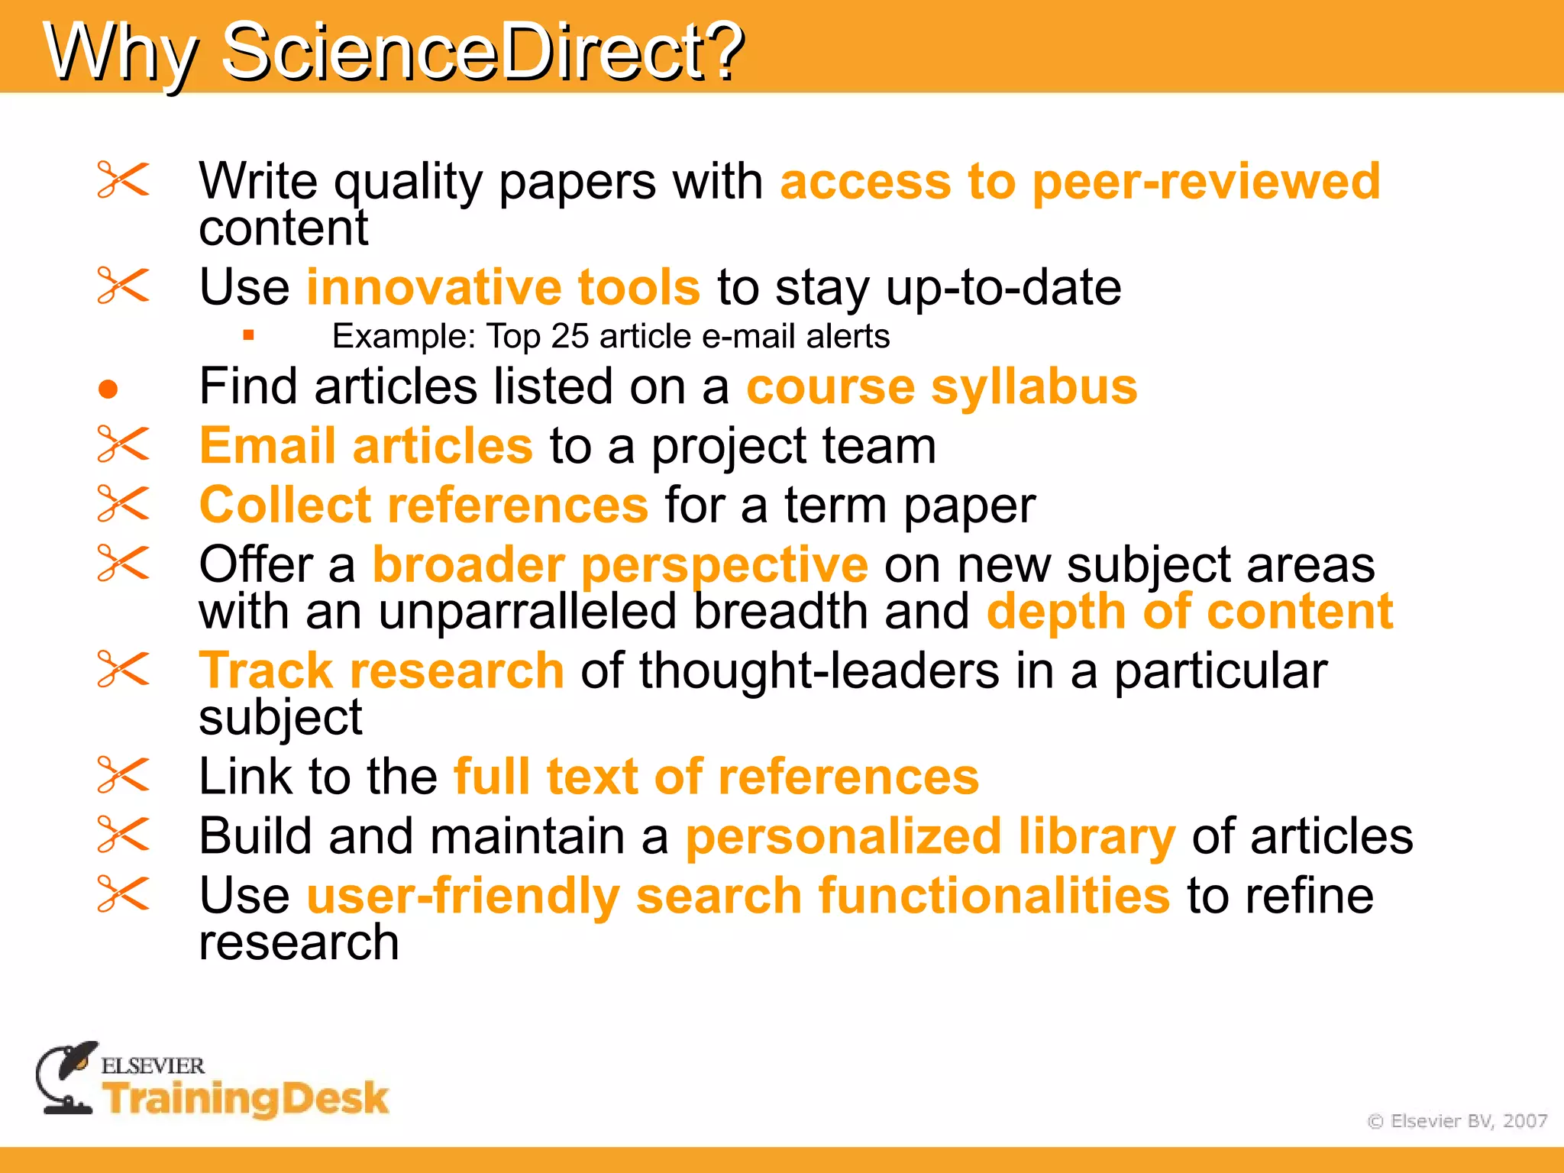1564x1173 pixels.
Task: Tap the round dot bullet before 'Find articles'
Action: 108,389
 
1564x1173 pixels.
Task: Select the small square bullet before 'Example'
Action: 248,334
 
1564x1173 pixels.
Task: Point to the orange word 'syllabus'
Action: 1034,388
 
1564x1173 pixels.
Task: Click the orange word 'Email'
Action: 267,446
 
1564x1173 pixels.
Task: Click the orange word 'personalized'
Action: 843,836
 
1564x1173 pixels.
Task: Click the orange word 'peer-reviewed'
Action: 1206,182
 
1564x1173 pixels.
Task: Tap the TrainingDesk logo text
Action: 246,1098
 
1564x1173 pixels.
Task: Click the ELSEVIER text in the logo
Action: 153,1065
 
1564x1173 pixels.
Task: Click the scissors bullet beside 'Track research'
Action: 123,669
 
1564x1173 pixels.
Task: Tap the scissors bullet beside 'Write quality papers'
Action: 123,180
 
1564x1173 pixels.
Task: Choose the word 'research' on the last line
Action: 299,942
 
